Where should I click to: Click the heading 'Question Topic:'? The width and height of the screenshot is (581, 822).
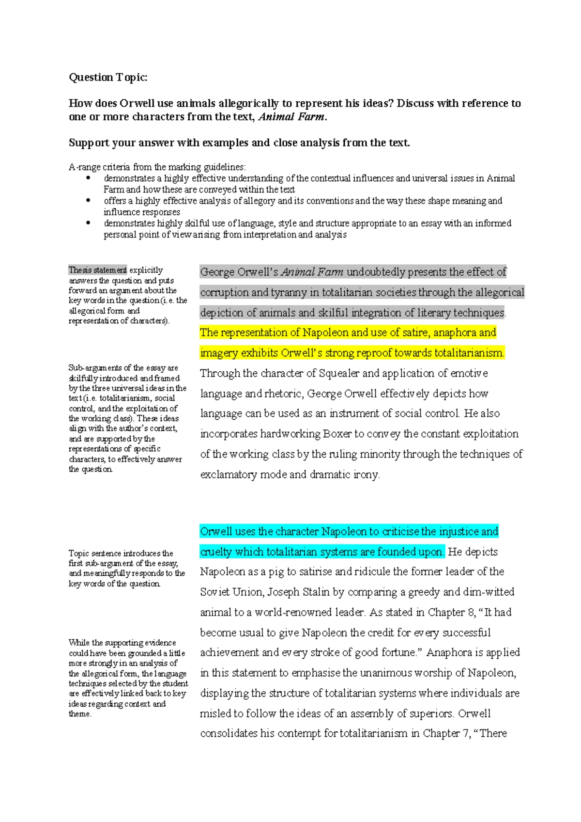[108, 78]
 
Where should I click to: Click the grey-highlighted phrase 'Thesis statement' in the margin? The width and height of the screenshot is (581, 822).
[97, 270]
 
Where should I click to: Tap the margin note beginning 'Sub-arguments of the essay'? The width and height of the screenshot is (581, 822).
[127, 418]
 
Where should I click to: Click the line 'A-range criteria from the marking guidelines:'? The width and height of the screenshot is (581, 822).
[157, 167]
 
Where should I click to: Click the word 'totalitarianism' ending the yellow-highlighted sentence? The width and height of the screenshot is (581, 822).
[468, 353]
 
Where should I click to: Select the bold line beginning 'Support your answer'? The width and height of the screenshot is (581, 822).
[239, 143]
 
